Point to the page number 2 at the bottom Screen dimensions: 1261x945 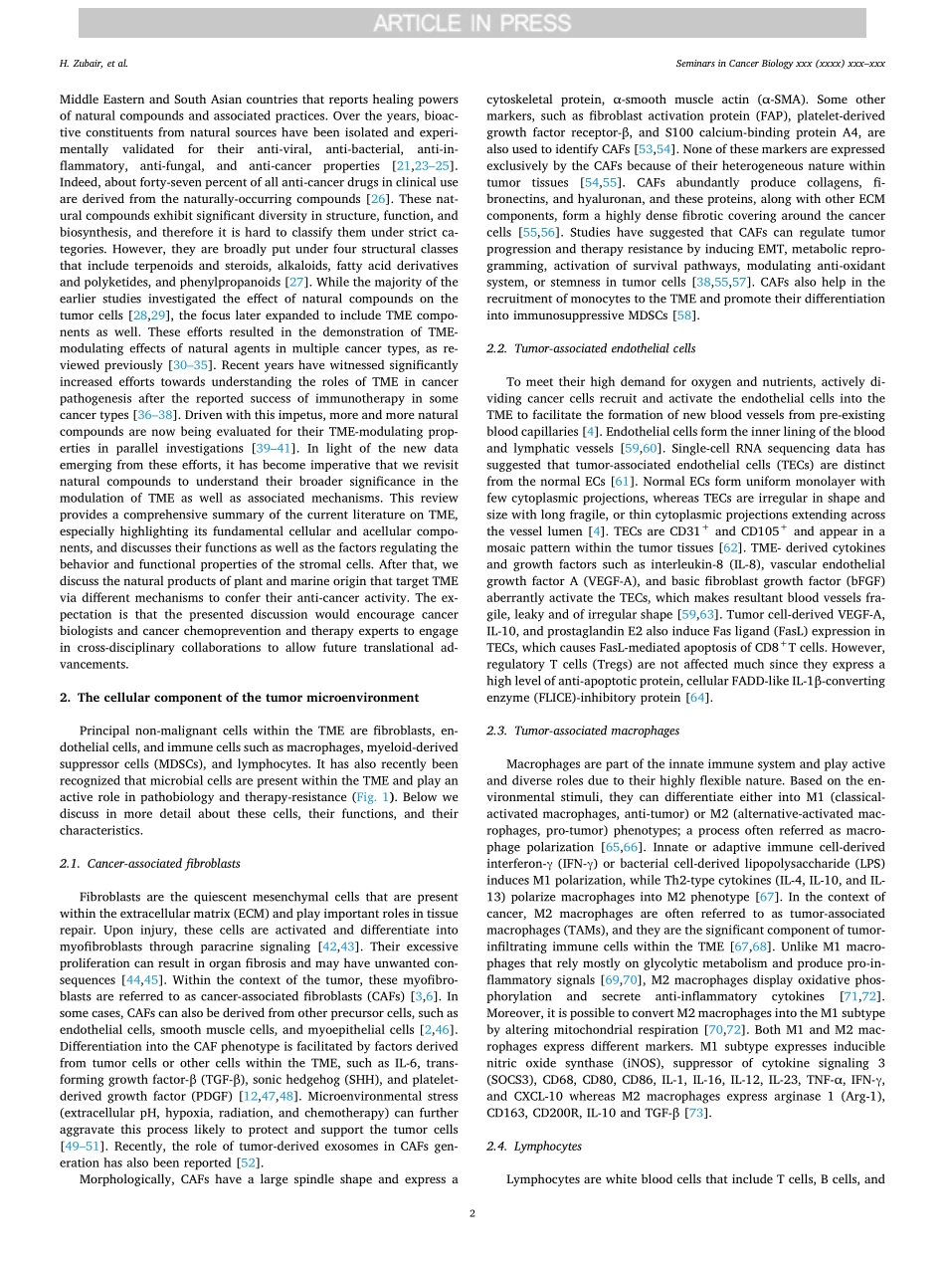pos(472,1213)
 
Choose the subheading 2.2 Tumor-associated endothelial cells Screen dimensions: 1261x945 pos(576,349)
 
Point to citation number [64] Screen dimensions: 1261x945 pos(700,698)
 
